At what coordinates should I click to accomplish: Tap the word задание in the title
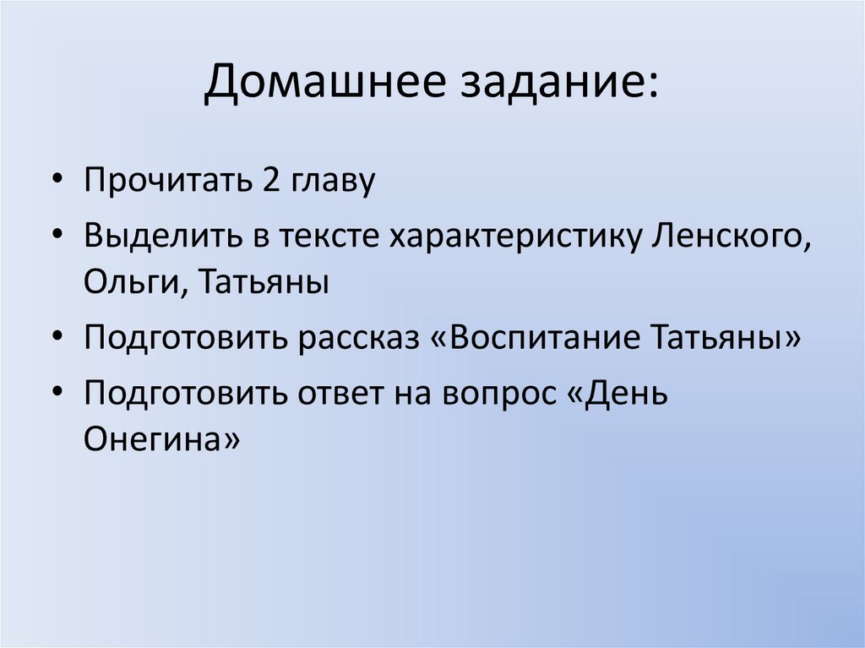555,85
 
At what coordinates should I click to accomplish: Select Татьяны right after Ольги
264,281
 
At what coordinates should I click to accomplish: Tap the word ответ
340,394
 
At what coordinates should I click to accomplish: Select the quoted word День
614,394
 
